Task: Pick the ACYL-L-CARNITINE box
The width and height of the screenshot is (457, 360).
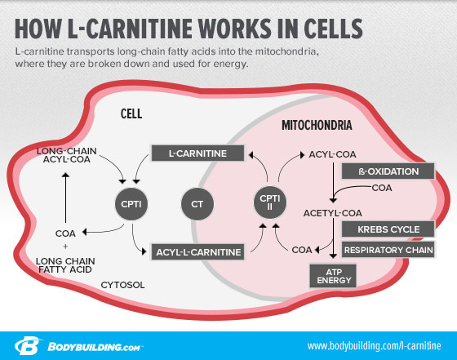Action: [197, 252]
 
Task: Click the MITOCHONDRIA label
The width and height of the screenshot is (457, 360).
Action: [317, 127]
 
